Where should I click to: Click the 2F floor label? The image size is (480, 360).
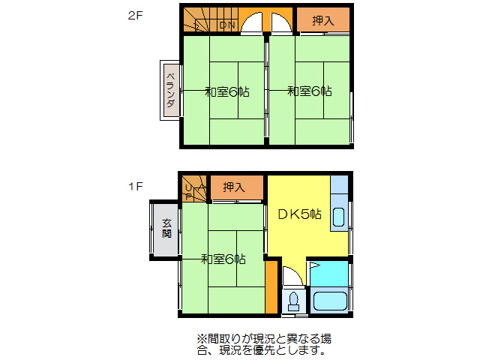point(135,14)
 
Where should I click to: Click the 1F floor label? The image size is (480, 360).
point(135,186)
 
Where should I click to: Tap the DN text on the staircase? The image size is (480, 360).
point(227,25)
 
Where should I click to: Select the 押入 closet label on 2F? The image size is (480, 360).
point(323,21)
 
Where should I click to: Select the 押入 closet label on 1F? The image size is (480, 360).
point(234,187)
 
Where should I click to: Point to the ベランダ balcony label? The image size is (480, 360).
point(171,91)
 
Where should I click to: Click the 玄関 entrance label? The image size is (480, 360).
point(166,228)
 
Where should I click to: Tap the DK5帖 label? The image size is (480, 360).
point(299,214)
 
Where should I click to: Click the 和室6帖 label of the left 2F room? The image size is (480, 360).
point(227,92)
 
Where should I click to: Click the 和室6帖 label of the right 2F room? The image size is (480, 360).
point(309,91)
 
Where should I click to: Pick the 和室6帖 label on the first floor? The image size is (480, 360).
point(223,259)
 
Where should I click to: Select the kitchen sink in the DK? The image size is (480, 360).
point(338,218)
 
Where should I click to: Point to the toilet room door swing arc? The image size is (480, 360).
point(292,277)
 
